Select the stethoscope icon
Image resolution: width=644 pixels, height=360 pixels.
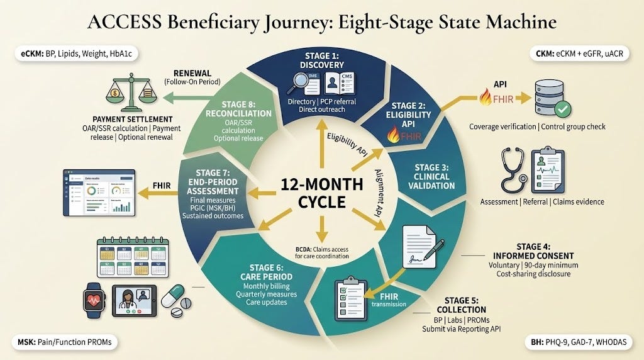pyautogui.click(x=514, y=171)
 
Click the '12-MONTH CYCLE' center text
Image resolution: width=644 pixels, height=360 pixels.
pyautogui.click(x=322, y=193)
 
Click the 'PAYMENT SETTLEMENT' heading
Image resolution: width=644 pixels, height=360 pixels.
pyautogui.click(x=132, y=119)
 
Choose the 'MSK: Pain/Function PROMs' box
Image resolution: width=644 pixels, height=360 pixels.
pyautogui.click(x=65, y=343)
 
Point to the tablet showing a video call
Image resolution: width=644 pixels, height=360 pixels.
pyautogui.click(x=134, y=299)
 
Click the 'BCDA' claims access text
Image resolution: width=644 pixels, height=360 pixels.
pyautogui.click(x=322, y=251)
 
